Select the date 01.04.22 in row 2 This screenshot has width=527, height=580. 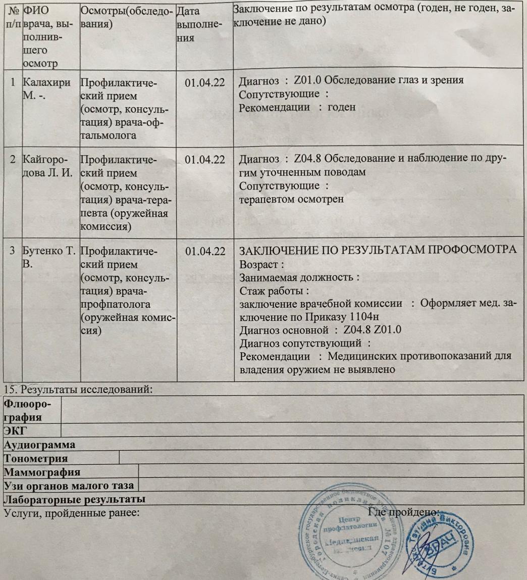pyautogui.click(x=204, y=160)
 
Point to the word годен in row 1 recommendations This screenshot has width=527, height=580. pyautogui.click(x=342, y=107)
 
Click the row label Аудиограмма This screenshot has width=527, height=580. pyautogui.click(x=40, y=445)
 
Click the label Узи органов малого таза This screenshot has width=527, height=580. pyautogui.click(x=70, y=486)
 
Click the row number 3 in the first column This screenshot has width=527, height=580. pyautogui.click(x=13, y=252)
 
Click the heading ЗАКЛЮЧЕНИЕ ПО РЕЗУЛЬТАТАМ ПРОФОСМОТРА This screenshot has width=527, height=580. pyautogui.click(x=377, y=251)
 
